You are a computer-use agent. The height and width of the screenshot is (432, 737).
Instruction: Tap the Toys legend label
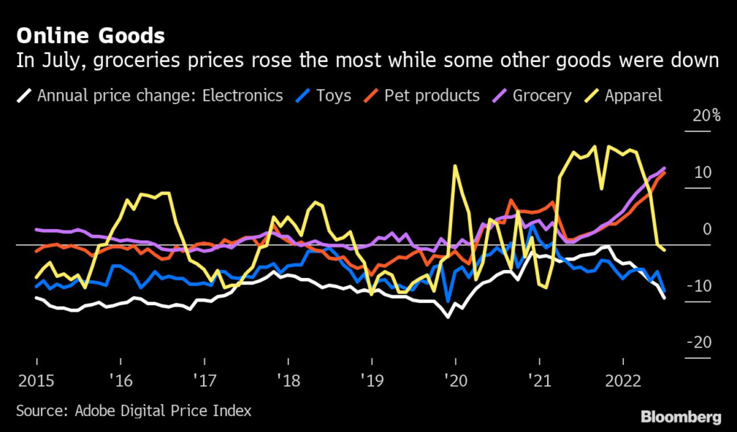point(333,95)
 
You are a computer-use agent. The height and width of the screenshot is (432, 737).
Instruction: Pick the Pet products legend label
point(432,95)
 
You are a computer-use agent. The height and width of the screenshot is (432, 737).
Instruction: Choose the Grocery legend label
point(542,95)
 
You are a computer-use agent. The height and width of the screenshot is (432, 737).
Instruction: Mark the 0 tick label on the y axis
point(707,229)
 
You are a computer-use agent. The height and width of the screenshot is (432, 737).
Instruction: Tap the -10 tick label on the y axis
point(700,286)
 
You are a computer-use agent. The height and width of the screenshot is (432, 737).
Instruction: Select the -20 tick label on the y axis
point(700,343)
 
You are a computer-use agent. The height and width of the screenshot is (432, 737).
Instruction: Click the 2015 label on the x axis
point(36,379)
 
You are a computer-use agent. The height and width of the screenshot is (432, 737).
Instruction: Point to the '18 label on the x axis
point(288,379)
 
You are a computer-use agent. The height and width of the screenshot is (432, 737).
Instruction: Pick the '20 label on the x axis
point(455,379)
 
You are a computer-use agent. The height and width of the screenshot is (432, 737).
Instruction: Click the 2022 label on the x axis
point(622,379)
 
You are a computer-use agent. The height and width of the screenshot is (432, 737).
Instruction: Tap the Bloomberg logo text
point(681,416)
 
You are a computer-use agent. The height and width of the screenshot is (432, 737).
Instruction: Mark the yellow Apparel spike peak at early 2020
point(455,166)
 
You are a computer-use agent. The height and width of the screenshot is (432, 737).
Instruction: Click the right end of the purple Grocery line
point(664,168)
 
